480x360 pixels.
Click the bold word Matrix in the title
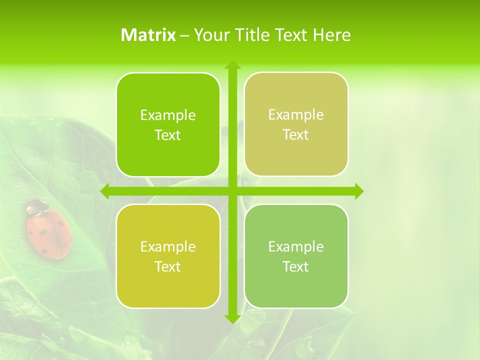[x=148, y=35]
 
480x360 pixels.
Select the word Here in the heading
[x=331, y=35]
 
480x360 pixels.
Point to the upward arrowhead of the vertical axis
[x=232, y=65]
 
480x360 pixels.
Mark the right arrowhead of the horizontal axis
[x=359, y=191]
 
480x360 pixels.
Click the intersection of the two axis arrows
[x=232, y=191]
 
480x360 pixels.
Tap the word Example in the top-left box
[x=168, y=115]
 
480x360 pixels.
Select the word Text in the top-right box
[x=296, y=135]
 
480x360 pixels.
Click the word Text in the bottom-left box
[x=168, y=266]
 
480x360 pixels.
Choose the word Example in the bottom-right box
[x=296, y=246]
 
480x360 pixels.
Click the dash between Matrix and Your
[x=184, y=35]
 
